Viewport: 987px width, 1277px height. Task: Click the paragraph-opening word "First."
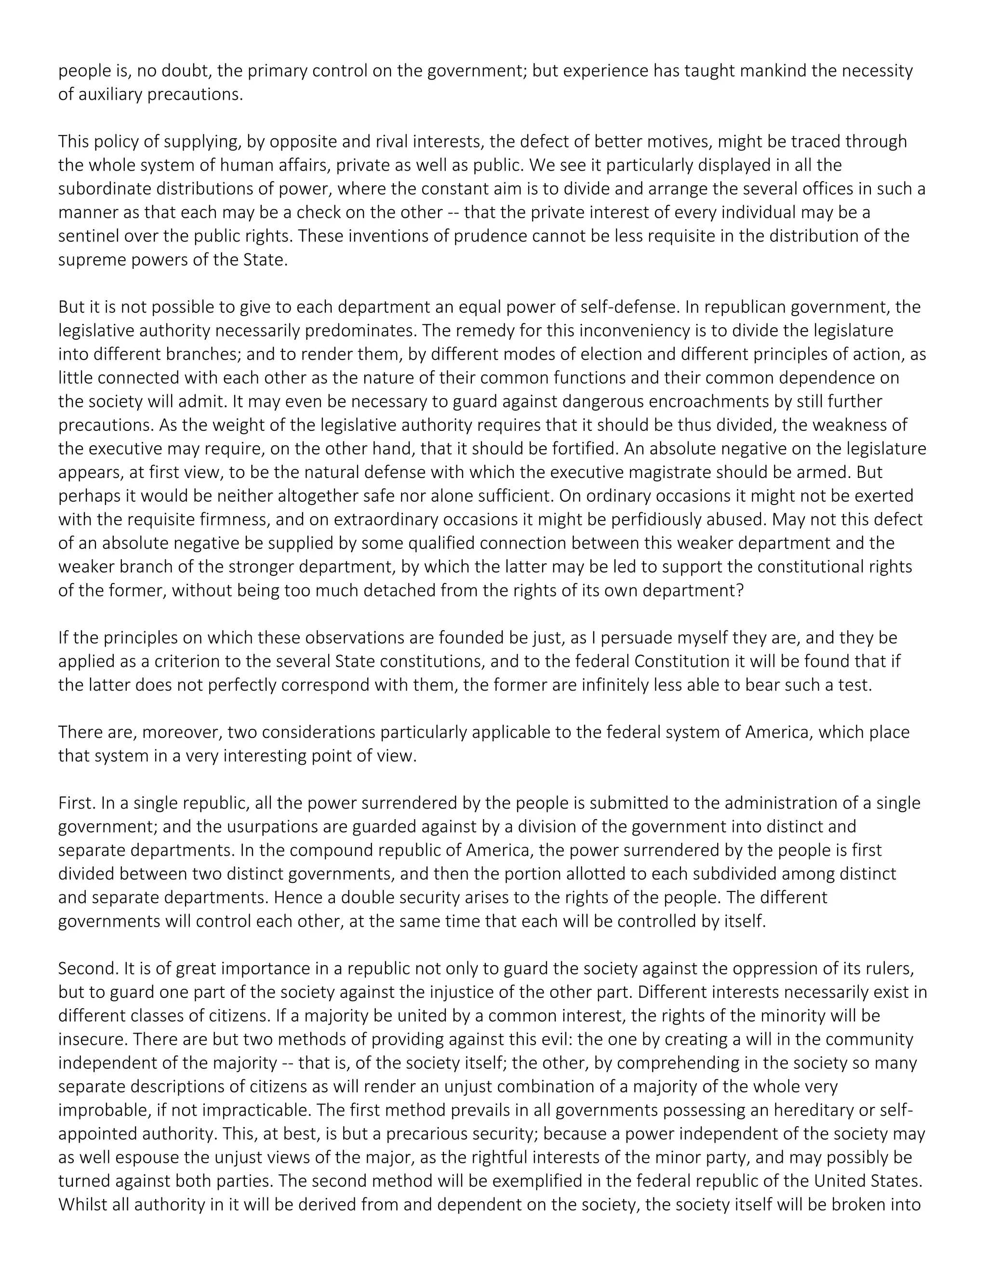pos(77,803)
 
